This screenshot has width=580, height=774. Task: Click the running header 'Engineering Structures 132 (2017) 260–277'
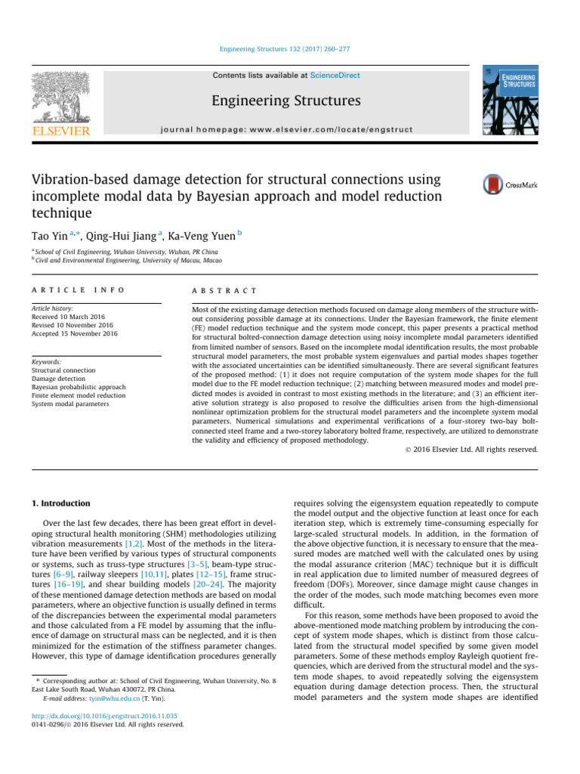tap(289, 49)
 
